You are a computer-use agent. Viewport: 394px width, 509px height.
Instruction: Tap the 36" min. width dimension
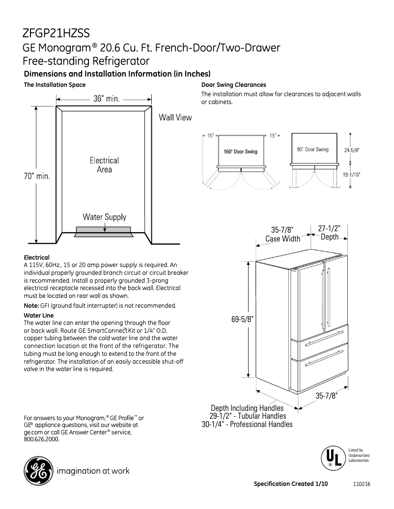pyautogui.click(x=107, y=98)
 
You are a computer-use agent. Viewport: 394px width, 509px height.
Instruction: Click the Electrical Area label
pyautogui.click(x=104, y=165)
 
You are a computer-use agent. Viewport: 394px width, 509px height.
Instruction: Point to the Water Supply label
pyautogui.click(x=104, y=217)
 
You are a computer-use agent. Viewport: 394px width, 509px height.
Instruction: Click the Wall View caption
pyautogui.click(x=175, y=118)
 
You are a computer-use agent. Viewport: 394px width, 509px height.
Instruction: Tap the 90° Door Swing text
pyautogui.click(x=312, y=149)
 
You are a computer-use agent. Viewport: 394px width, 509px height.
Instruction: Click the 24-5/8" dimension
pyautogui.click(x=352, y=151)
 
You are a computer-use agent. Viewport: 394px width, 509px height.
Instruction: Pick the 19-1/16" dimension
pyautogui.click(x=352, y=175)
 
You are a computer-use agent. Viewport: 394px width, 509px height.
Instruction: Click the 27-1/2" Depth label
pyautogui.click(x=329, y=233)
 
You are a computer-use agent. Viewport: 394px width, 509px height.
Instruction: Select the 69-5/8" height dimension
pyautogui.click(x=242, y=320)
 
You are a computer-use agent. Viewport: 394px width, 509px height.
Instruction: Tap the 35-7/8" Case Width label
pyautogui.click(x=282, y=234)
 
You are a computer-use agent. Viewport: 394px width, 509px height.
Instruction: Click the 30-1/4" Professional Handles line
pyautogui.click(x=247, y=424)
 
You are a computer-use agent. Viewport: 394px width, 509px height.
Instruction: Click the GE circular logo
pyautogui.click(x=37, y=471)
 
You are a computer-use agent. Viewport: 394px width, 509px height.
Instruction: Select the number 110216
pyautogui.click(x=362, y=484)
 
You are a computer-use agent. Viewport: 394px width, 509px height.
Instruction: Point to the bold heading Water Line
pyautogui.click(x=39, y=315)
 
